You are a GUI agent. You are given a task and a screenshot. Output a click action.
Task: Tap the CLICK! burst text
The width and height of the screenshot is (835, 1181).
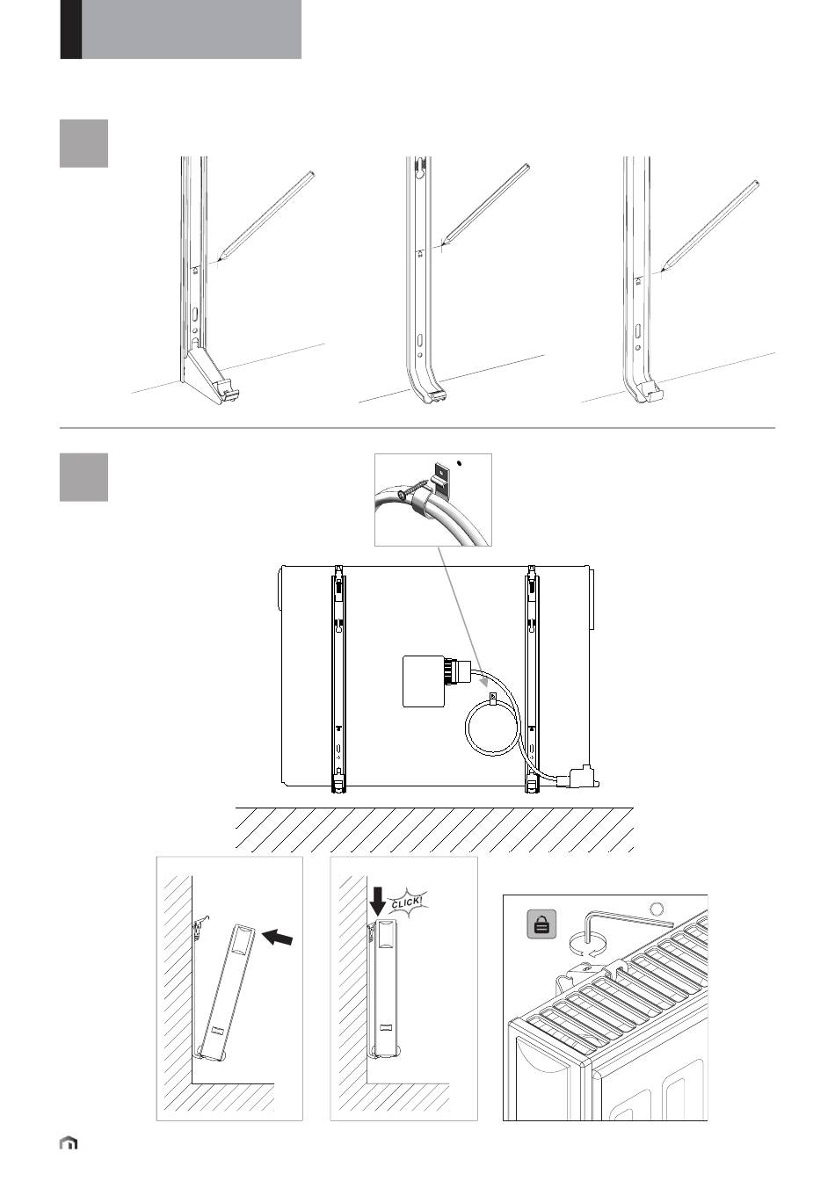click(407, 902)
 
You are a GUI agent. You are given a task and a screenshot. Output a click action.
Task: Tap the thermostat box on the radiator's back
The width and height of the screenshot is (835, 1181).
click(424, 681)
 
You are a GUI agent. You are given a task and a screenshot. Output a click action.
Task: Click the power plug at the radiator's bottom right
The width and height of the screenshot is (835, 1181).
click(581, 778)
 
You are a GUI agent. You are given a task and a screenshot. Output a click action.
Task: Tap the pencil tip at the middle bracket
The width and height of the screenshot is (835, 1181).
click(444, 243)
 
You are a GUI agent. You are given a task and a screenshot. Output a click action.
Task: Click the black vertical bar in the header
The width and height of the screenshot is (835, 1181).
click(70, 29)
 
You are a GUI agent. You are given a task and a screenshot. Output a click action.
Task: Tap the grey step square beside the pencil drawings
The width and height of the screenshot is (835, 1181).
click(83, 143)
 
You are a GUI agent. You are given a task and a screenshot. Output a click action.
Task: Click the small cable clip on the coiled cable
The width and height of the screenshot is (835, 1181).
click(493, 700)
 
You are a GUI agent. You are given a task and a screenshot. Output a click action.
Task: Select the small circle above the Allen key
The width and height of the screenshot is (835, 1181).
click(657, 908)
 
